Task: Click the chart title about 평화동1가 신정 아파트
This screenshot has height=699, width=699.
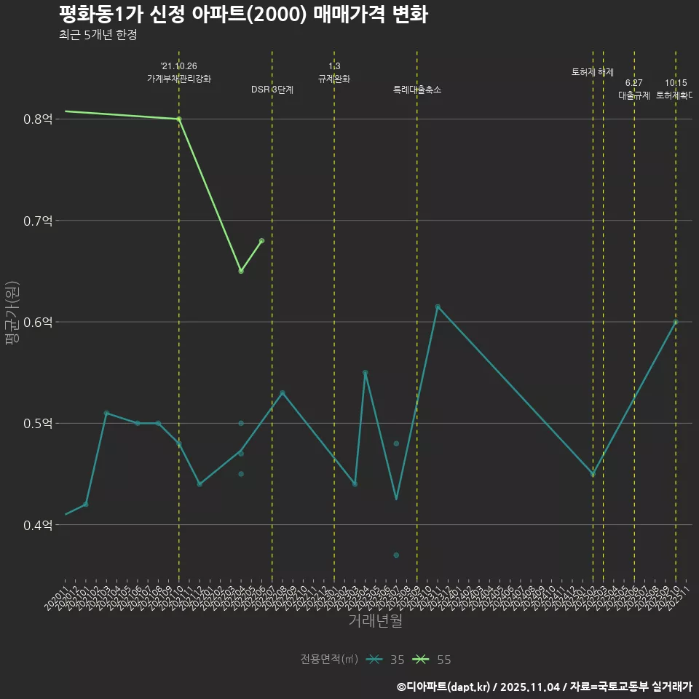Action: tap(243, 15)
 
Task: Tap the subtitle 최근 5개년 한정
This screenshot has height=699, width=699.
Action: tap(98, 34)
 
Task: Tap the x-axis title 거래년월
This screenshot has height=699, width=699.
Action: tap(375, 621)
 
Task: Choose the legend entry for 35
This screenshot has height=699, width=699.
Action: tap(386, 660)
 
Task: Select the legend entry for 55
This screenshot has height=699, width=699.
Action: tap(433, 660)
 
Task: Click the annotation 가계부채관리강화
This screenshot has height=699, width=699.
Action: tap(179, 78)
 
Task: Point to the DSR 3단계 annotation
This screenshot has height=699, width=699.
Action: tap(272, 90)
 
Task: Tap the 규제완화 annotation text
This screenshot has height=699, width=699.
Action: tap(334, 78)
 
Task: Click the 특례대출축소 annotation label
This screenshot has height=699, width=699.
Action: tap(417, 90)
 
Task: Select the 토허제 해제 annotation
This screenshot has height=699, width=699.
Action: tap(593, 72)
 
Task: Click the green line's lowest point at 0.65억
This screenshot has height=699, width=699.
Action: tap(241, 271)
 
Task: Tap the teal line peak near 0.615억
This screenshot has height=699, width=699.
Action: tap(438, 307)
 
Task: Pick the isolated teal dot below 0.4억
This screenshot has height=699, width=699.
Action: tap(396, 555)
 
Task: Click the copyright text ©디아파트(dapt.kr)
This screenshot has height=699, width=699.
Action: tap(444, 687)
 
